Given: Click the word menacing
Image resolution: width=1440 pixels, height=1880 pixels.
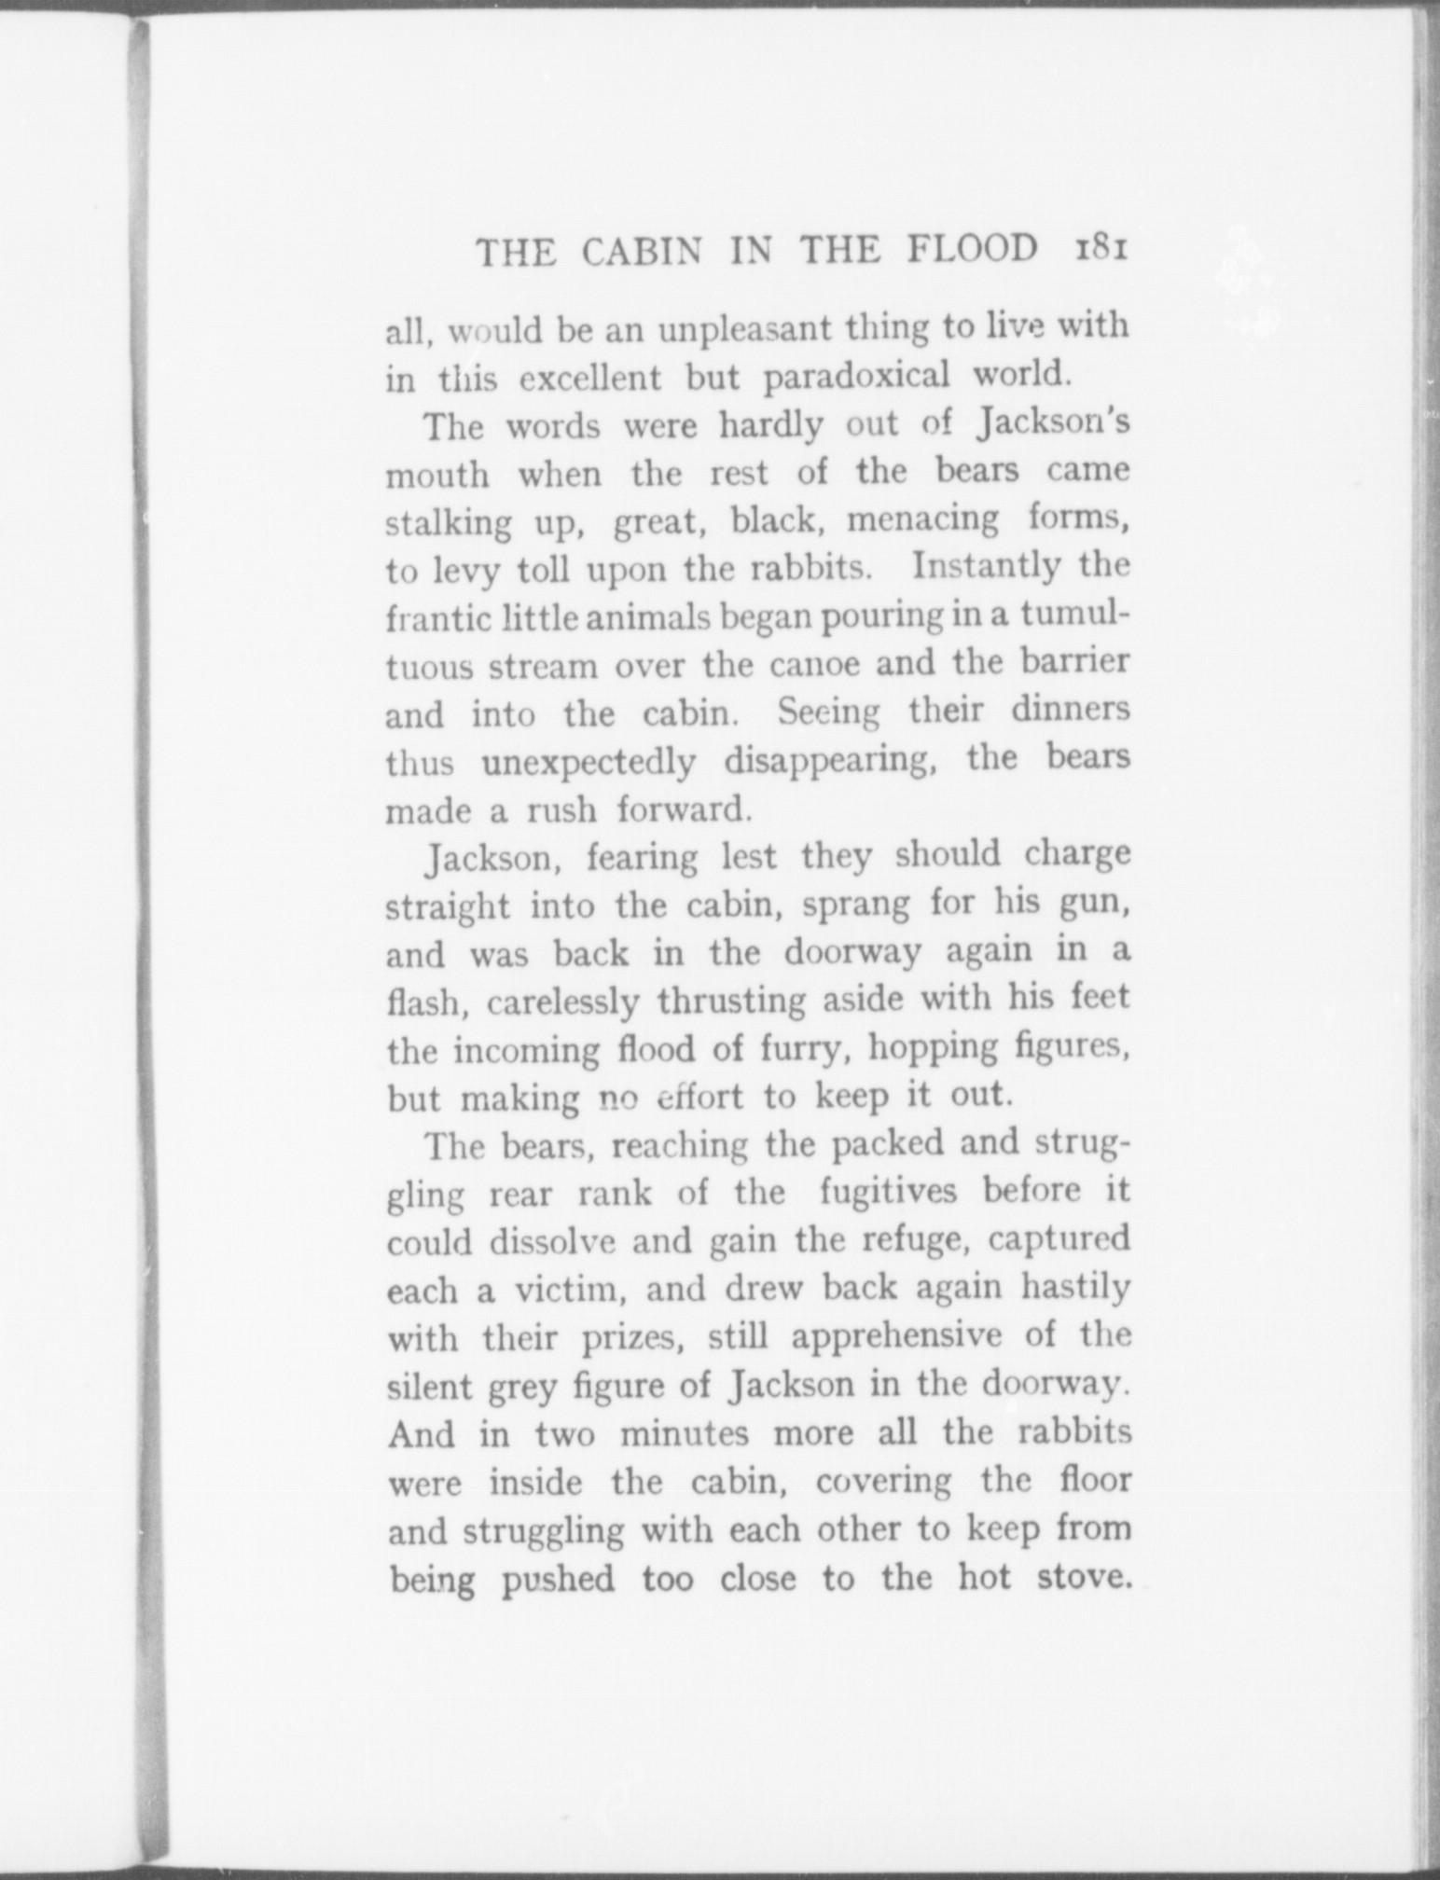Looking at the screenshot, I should [921, 518].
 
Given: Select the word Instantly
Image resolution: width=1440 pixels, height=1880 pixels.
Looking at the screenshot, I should [985, 566].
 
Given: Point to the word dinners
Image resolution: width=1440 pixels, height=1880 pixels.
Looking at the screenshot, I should [1071, 711].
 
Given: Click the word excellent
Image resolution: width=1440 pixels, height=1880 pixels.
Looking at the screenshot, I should [589, 379].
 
